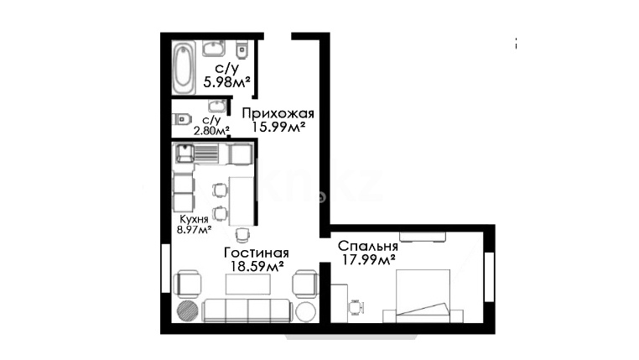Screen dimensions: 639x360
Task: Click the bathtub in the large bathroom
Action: point(184,69)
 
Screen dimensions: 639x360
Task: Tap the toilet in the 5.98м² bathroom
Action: point(242,50)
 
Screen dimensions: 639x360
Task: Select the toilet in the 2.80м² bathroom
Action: point(182,120)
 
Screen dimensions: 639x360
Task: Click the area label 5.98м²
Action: point(226,82)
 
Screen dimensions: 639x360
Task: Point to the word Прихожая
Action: point(278,113)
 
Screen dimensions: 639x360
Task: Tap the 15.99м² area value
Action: point(278,127)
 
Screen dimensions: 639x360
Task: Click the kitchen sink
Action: point(185,154)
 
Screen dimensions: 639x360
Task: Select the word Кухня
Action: point(194,219)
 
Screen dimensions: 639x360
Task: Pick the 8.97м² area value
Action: point(194,230)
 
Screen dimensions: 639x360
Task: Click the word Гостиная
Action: point(257,253)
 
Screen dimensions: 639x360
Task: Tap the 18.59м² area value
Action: point(257,267)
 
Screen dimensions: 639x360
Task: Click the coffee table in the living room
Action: point(247,284)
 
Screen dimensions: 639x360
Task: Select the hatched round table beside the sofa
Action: point(188,311)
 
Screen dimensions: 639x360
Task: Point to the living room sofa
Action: point(247,310)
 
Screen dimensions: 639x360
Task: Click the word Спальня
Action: point(368,246)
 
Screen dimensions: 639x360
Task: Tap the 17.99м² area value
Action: point(368,259)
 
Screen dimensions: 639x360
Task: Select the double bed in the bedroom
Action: point(423,296)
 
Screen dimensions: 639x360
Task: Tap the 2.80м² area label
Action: point(211,131)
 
